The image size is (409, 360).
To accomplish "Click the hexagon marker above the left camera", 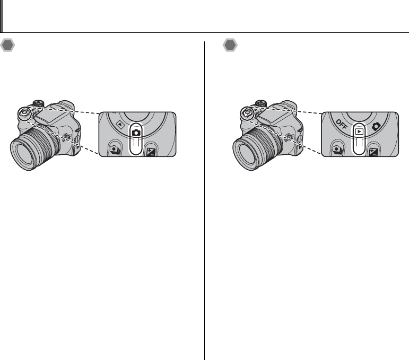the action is (7, 45).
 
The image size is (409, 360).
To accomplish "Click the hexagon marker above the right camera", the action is (230, 45).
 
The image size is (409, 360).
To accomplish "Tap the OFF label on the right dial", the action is (342, 125).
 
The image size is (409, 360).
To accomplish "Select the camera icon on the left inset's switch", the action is (136, 133).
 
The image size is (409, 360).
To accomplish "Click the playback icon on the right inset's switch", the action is (359, 131).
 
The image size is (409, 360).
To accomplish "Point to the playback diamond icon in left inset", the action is (120, 125).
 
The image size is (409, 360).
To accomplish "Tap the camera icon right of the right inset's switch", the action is (376, 126).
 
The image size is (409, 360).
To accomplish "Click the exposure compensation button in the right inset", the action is (373, 151).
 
